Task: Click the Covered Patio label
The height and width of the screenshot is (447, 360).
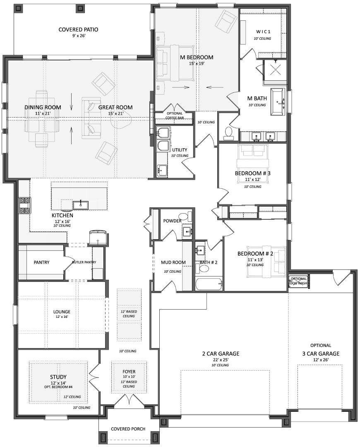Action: click(78, 29)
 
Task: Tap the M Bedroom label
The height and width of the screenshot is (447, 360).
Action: click(197, 57)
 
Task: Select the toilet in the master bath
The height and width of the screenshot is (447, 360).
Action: click(228, 133)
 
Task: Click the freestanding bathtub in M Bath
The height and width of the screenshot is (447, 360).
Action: click(278, 102)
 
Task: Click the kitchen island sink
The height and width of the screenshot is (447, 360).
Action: click(81, 205)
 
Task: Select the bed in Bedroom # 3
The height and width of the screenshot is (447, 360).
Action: click(252, 164)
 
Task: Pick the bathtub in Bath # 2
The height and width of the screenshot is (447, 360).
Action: click(209, 284)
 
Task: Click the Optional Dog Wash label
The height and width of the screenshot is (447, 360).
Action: click(299, 281)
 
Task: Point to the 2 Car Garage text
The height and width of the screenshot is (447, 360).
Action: click(221, 354)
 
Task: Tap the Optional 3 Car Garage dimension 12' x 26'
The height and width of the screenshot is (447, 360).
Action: click(321, 360)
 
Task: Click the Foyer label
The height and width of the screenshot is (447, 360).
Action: click(129, 372)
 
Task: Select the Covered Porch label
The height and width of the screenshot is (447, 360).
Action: click(128, 429)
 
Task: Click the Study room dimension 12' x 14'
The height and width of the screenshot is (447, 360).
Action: click(58, 382)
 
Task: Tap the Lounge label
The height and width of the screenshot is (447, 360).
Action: click(62, 312)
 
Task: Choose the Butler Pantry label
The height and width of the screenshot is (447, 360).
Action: click(84, 262)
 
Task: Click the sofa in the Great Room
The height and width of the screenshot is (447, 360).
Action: click(91, 118)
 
